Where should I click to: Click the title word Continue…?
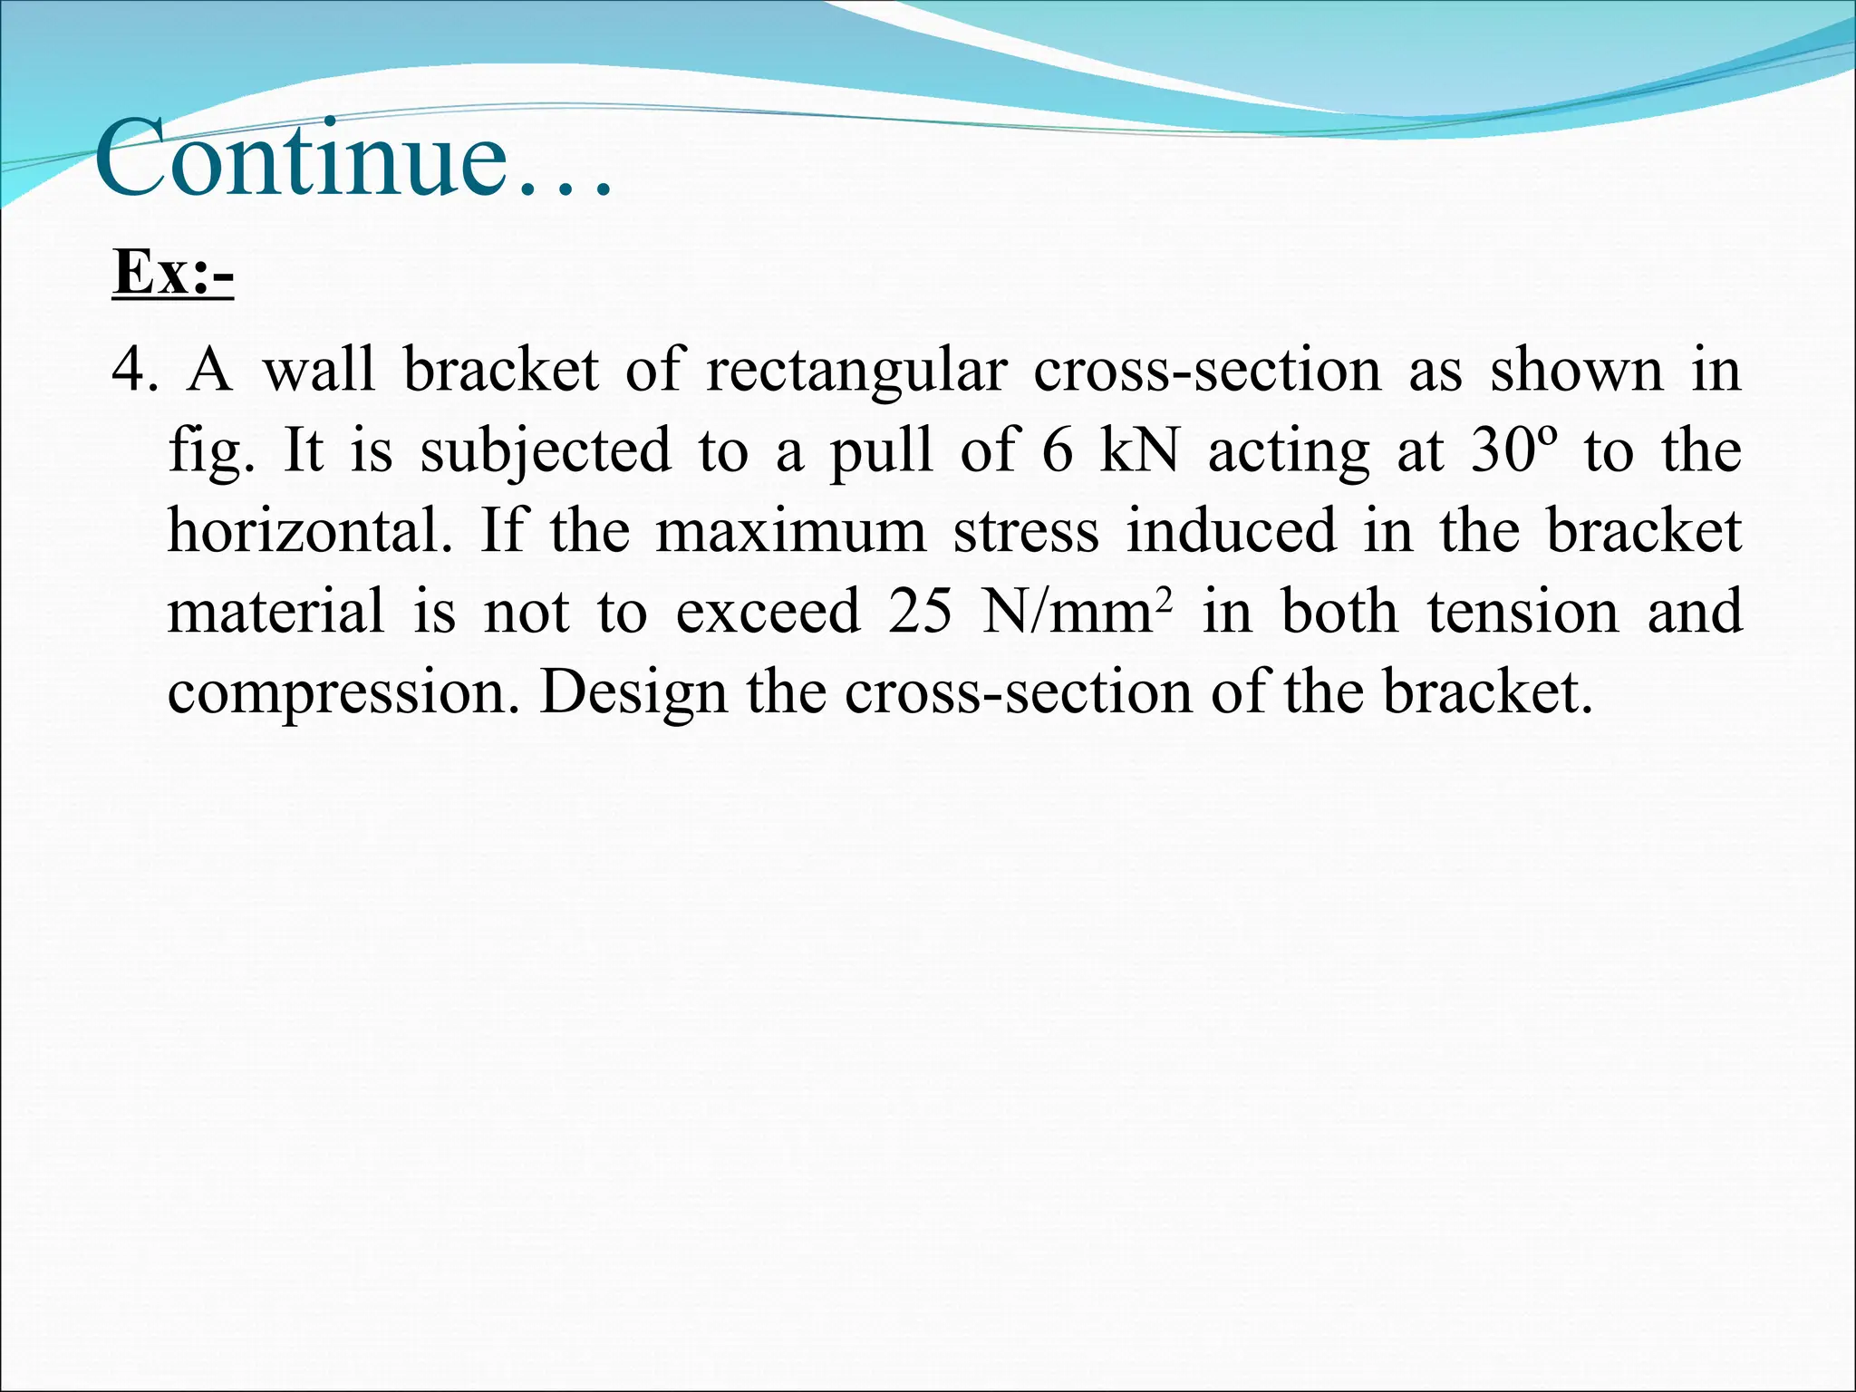(353, 161)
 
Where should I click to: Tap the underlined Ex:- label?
(173, 271)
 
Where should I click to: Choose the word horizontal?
(309, 530)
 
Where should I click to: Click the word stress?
(1026, 531)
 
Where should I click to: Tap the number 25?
(920, 611)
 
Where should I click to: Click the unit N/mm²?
(1078, 611)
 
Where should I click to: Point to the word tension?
(1522, 611)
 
